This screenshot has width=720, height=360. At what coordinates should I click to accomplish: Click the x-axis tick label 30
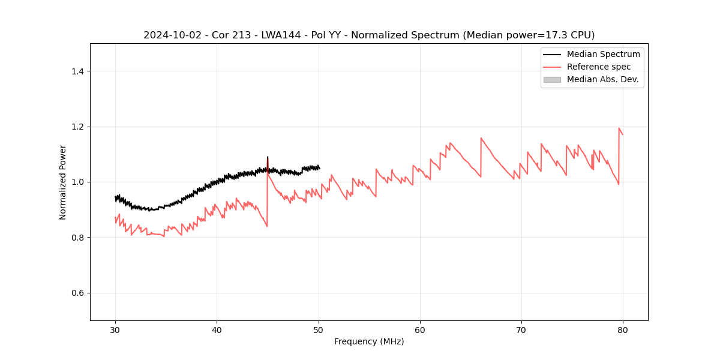116,329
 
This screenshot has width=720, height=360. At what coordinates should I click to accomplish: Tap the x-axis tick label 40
217,329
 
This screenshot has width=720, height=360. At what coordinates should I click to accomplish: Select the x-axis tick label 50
319,329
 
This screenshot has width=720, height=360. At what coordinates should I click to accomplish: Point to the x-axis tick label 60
420,329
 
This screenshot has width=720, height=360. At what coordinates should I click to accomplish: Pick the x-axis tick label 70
521,329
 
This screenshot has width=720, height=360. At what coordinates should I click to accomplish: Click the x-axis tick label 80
623,329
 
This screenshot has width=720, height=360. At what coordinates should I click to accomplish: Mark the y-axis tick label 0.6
77,293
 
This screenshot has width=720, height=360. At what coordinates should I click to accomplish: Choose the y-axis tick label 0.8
77,238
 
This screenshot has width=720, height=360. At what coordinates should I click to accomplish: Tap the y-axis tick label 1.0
77,182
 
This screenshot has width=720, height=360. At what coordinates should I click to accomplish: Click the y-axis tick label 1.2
77,127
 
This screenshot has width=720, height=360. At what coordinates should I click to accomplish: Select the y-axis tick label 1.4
77,71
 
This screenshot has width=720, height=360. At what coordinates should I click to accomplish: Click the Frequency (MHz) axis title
369,341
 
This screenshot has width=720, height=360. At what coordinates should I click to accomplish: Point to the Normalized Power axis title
63,182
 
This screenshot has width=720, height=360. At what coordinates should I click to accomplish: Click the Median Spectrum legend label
603,54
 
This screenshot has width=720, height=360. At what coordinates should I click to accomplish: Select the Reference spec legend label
599,67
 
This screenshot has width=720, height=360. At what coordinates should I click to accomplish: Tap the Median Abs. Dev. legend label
602,79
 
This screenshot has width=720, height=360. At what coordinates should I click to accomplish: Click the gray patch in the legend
552,79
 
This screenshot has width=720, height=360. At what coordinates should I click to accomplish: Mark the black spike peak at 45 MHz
268,157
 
